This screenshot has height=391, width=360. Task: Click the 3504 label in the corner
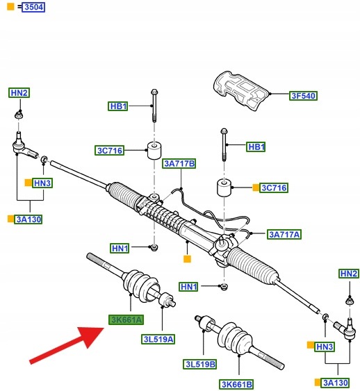(x=33, y=7)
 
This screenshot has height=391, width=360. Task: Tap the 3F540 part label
(x=304, y=96)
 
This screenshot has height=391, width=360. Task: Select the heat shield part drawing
(x=241, y=90)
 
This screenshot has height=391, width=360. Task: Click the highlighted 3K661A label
(x=126, y=319)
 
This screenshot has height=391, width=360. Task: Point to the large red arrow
(x=67, y=344)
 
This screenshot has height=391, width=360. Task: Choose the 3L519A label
(x=158, y=340)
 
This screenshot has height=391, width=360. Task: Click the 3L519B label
(x=200, y=365)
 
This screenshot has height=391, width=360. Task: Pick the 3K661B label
(x=236, y=384)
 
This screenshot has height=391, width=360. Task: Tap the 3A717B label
(x=179, y=164)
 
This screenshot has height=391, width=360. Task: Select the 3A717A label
(x=284, y=235)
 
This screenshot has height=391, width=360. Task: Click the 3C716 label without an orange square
(x=110, y=151)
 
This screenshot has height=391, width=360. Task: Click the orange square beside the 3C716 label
(x=256, y=188)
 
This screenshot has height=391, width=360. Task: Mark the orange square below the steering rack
(x=187, y=259)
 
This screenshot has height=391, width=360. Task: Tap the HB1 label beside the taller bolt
(x=118, y=106)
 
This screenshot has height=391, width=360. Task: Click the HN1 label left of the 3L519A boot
(x=120, y=249)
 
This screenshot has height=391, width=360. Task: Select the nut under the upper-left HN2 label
(x=19, y=115)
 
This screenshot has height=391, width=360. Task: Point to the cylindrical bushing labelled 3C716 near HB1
(x=154, y=151)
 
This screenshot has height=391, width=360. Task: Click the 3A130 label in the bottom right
(x=335, y=383)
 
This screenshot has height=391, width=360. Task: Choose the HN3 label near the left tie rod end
(x=42, y=183)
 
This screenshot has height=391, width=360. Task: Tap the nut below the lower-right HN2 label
(x=350, y=301)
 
